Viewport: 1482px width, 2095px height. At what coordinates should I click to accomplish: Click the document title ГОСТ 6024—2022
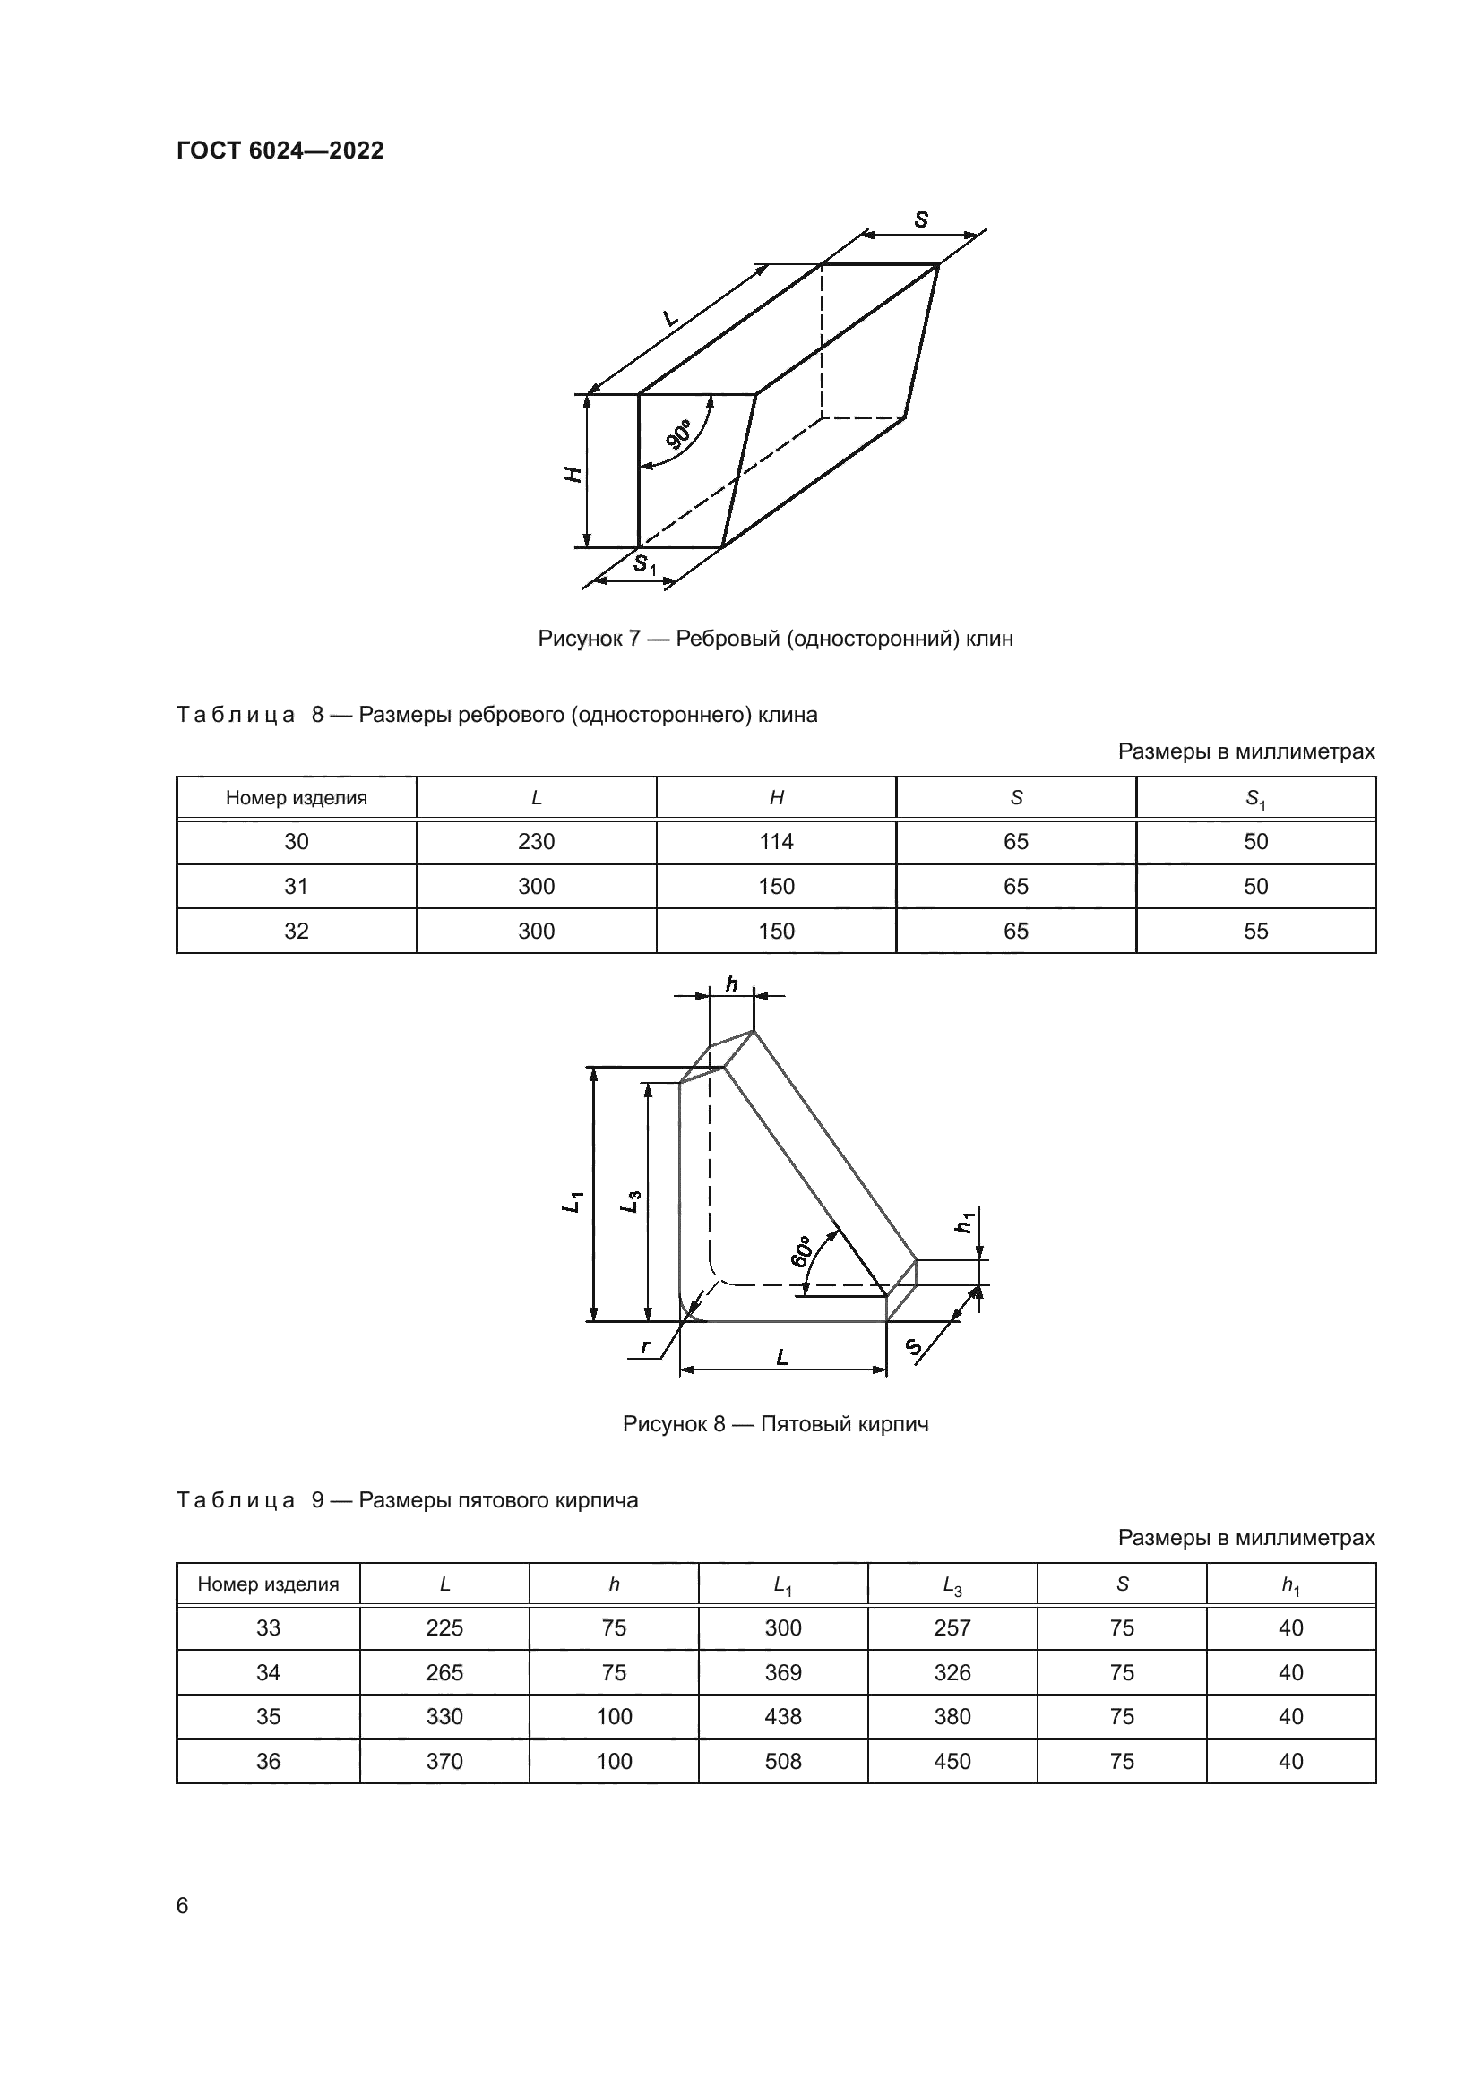pyautogui.click(x=280, y=151)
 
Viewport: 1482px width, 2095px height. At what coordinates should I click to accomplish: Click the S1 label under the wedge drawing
pyautogui.click(x=645, y=565)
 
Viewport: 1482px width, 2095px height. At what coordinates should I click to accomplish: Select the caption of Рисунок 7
pyautogui.click(x=775, y=639)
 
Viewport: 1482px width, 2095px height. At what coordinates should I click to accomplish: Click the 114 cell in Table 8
pyautogui.click(x=776, y=841)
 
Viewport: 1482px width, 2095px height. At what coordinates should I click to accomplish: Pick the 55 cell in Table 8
pyautogui.click(x=1255, y=931)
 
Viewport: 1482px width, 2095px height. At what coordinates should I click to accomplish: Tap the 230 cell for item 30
pyautogui.click(x=536, y=841)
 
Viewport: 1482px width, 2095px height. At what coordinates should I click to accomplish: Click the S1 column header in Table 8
pyautogui.click(x=1255, y=798)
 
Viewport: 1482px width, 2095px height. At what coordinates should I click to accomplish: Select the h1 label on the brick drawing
pyautogui.click(x=966, y=1221)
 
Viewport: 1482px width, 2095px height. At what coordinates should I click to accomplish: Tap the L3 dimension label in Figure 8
pyautogui.click(x=631, y=1202)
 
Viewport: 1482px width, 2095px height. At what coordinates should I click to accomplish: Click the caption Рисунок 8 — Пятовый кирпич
pyautogui.click(x=775, y=1424)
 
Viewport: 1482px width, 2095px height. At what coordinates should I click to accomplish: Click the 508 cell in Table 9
pyautogui.click(x=782, y=1761)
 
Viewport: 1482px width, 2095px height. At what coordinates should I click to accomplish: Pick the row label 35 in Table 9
pyautogui.click(x=268, y=1716)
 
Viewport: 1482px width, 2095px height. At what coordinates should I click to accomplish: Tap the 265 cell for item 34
pyautogui.click(x=444, y=1672)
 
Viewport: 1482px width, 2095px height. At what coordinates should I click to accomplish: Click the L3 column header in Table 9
pyautogui.click(x=952, y=1585)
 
